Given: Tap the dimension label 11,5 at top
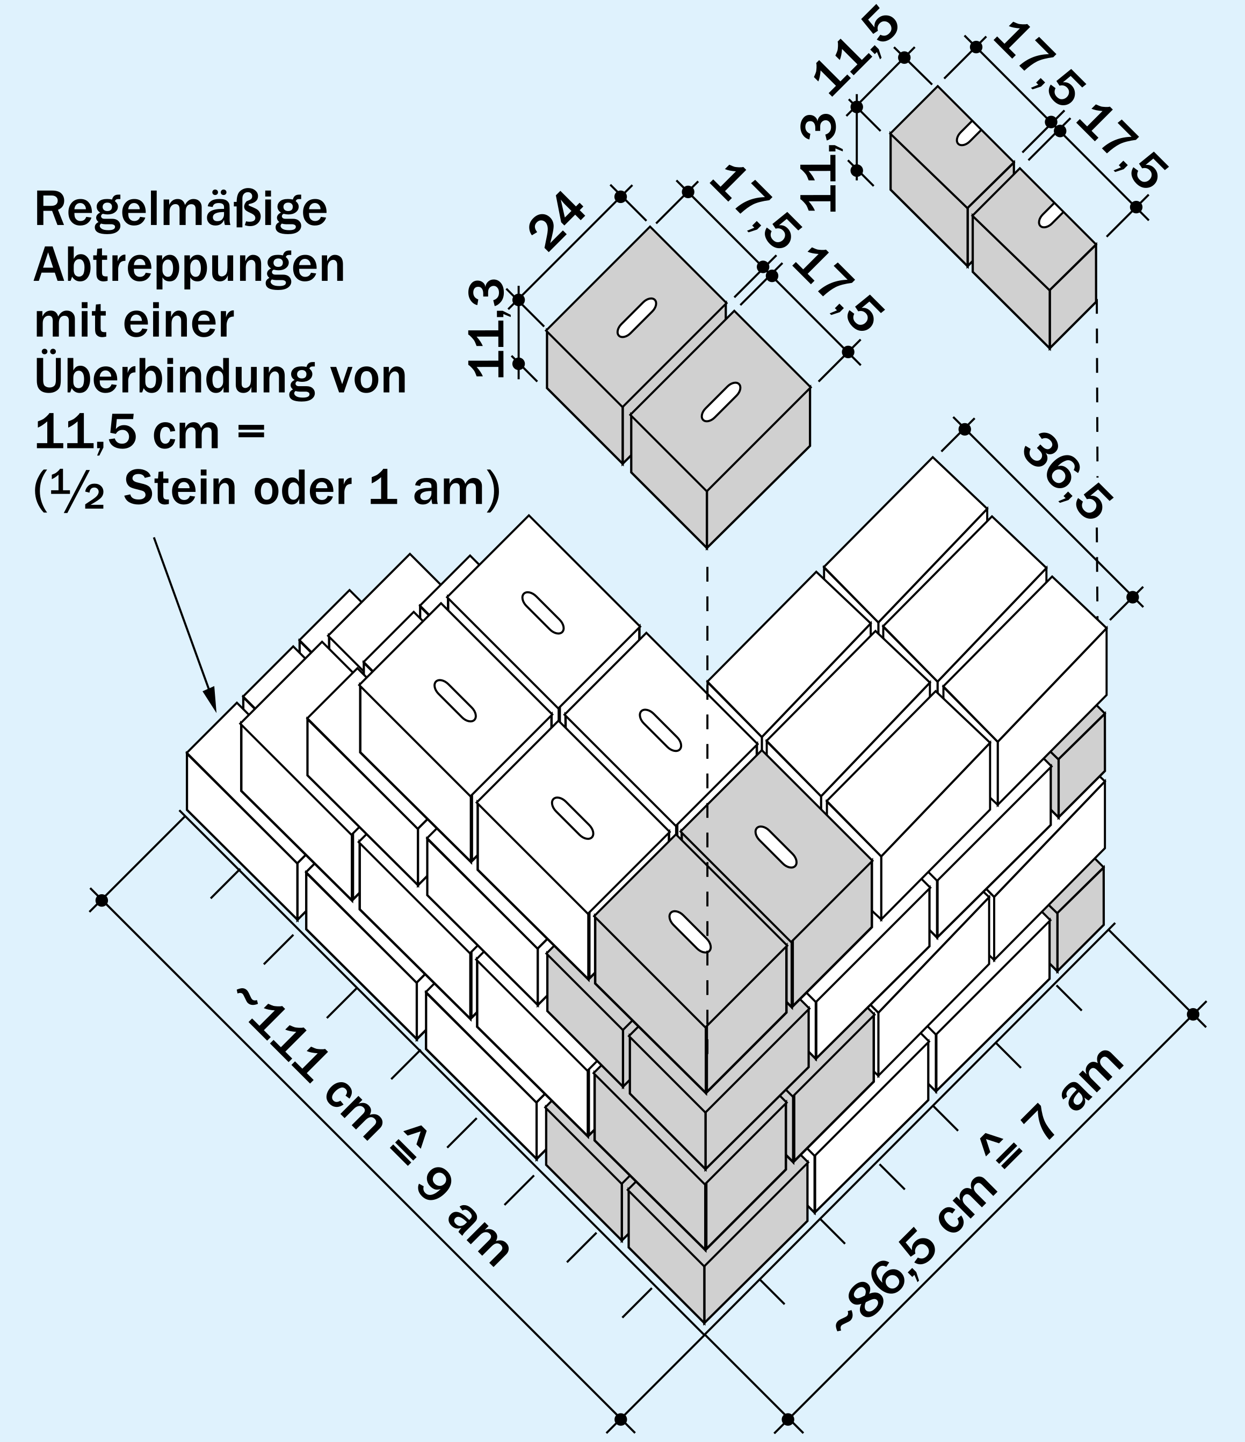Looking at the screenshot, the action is pyautogui.click(x=857, y=54).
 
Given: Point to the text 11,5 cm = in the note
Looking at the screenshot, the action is pyautogui.click(x=150, y=433).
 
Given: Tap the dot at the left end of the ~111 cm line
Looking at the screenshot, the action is pyautogui.click(x=102, y=901).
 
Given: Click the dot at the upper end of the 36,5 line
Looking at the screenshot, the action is pyautogui.click(x=965, y=430).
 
